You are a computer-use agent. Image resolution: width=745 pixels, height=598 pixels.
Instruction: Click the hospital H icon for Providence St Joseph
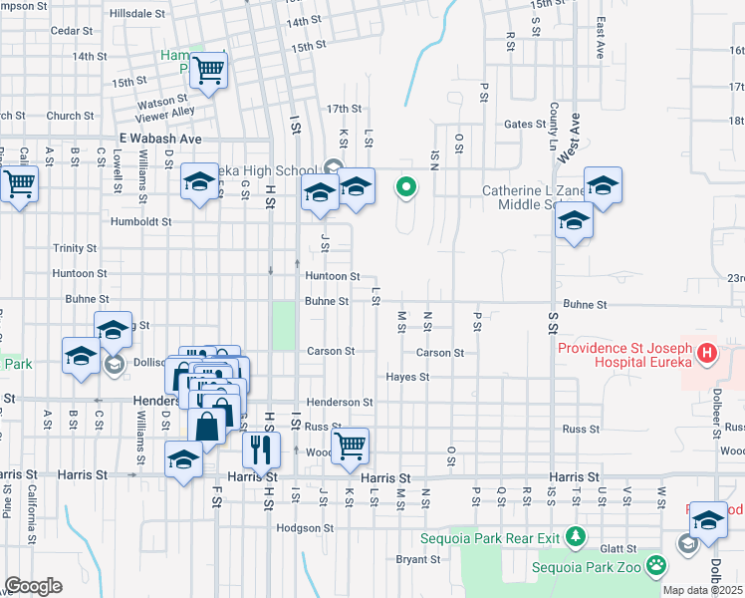(x=706, y=354)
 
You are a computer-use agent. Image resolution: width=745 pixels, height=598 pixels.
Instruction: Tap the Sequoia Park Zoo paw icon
(x=655, y=567)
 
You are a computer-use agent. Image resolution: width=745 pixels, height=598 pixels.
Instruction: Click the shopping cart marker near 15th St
(x=208, y=71)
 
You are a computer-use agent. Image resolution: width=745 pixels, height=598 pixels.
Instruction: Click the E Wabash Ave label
(x=160, y=139)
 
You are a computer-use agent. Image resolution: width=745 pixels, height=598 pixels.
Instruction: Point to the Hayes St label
(x=407, y=377)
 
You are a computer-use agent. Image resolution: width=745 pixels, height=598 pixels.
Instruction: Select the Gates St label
(x=520, y=125)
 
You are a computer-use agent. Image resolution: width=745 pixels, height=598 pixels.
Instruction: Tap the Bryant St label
(x=417, y=559)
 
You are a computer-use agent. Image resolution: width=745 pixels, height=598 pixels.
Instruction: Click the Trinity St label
(x=75, y=248)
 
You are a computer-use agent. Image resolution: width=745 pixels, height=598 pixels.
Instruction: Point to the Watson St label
(x=163, y=101)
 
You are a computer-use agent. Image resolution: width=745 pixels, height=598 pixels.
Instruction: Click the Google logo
(x=32, y=586)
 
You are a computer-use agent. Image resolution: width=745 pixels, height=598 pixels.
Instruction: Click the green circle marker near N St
(x=406, y=186)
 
